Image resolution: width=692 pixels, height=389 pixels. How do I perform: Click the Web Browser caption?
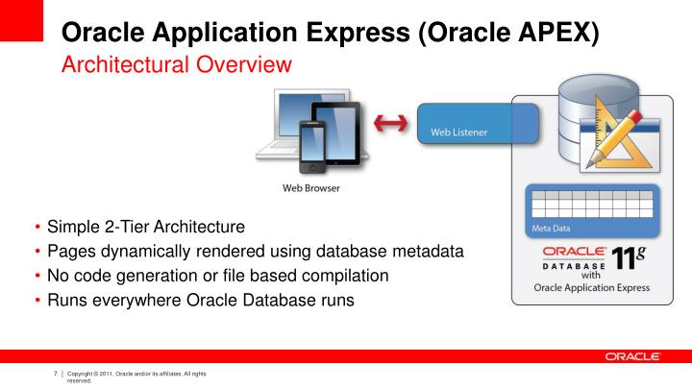309,188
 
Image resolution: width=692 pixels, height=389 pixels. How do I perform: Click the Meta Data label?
551,229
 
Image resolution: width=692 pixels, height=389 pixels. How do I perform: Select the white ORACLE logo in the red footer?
632,356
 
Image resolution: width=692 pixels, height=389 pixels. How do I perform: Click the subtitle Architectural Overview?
176,65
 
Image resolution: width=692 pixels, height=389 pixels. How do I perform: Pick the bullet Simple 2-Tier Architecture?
146,228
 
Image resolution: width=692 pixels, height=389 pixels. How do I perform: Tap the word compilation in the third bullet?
343,276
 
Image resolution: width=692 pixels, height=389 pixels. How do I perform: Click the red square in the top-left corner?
21,20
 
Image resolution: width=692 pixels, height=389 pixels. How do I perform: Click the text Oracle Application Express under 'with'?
591,287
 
